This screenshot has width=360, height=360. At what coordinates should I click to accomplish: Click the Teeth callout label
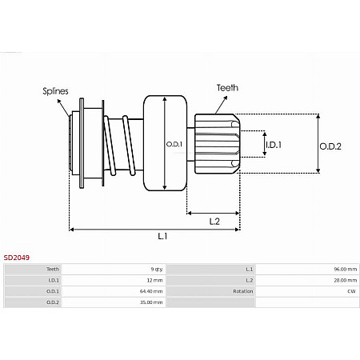[226, 87]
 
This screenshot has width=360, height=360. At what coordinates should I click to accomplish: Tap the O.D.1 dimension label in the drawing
[174, 144]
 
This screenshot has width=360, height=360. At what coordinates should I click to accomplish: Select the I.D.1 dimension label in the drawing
[274, 144]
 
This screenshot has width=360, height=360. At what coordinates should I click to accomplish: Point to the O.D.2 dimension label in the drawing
[330, 146]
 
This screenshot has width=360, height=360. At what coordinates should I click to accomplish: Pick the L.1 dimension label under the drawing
[162, 236]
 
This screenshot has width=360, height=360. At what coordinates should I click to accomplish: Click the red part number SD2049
[17, 258]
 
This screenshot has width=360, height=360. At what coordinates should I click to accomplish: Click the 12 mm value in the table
[154, 281]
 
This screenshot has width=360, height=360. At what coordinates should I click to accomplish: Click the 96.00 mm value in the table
[345, 270]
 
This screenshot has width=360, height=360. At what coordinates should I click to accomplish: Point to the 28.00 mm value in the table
[345, 281]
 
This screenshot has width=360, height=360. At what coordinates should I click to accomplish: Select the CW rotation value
[351, 292]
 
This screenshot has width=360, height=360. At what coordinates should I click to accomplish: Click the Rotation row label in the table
[242, 292]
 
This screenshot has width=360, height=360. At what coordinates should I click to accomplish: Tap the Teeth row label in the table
[53, 270]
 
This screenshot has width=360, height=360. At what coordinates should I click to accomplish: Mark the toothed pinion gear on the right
[218, 144]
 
